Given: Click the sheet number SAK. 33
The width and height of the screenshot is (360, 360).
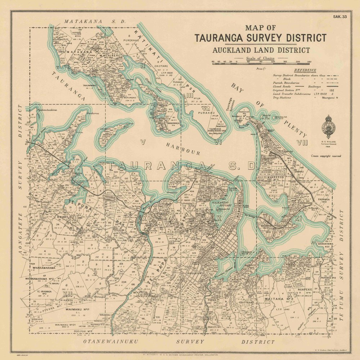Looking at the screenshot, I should tap(339, 17).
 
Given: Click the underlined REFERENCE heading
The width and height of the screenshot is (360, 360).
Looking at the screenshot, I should tap(305, 70).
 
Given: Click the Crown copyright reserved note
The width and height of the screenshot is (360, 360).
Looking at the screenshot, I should tap(326, 156).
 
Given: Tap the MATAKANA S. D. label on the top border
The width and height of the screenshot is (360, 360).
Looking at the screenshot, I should tap(94, 22).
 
